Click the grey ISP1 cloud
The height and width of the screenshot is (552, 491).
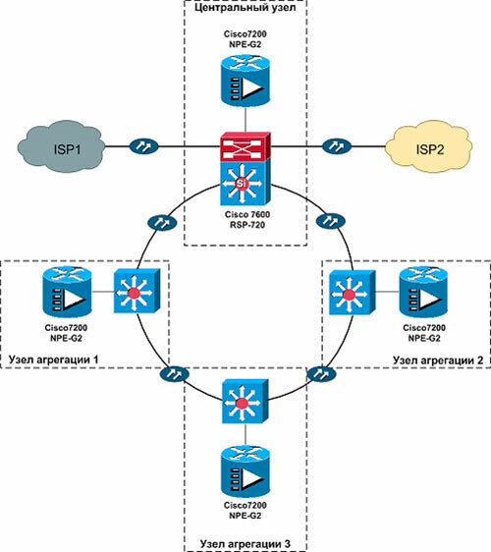pyautogui.click(x=61, y=148)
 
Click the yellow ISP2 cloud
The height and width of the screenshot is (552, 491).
pyautogui.click(x=429, y=147)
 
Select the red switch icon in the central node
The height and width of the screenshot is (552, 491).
pyautogui.click(x=245, y=146)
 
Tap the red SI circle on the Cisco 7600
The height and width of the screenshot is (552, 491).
pyautogui.click(x=242, y=183)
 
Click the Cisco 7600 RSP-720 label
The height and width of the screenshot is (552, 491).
pyautogui.click(x=247, y=220)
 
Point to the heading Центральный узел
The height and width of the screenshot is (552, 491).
pyautogui.click(x=245, y=8)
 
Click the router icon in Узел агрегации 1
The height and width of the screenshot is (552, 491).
pyautogui.click(x=67, y=292)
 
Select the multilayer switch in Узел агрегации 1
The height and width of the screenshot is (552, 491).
pyautogui.click(x=136, y=292)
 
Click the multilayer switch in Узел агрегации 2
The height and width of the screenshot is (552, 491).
pyautogui.click(x=353, y=292)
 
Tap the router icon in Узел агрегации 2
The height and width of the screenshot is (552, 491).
pyautogui.click(x=423, y=292)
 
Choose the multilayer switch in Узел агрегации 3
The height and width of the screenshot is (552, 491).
pyautogui.click(x=245, y=402)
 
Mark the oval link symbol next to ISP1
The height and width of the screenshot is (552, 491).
pyautogui.click(x=144, y=146)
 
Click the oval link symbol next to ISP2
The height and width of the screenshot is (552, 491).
pyautogui.click(x=337, y=146)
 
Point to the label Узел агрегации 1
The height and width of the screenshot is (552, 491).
pyautogui.click(x=53, y=359)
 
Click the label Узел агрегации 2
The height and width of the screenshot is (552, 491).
pyautogui.click(x=438, y=360)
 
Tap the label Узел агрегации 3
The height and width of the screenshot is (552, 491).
pyautogui.click(x=245, y=544)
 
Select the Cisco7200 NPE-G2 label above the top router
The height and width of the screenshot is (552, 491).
pyautogui.click(x=245, y=39)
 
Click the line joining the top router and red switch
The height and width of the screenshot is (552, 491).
pyautogui.click(x=245, y=120)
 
